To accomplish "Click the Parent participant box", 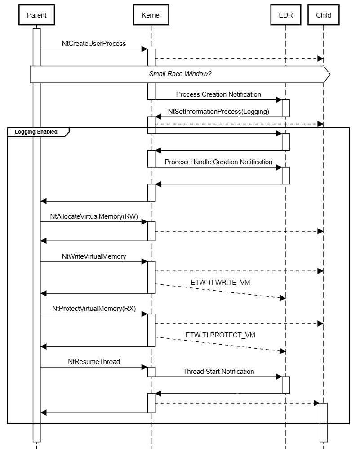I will tap(36, 15).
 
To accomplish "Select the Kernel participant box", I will tap(151, 15).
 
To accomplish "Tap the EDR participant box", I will tap(285, 15).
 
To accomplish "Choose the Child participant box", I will tap(323, 15).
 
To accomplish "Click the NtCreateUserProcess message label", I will tap(94, 44).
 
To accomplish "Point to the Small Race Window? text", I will tap(180, 74).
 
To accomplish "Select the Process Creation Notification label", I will tap(218, 94).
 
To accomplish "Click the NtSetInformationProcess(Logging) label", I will tap(218, 111).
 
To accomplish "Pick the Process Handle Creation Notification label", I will tap(218, 162).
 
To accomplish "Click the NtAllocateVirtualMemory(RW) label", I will tap(94, 216).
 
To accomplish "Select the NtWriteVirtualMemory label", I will tap(94, 256).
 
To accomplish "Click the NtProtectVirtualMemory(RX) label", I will tap(94, 309).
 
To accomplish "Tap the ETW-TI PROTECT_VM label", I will tap(220, 335).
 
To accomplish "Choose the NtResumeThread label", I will tap(94, 361).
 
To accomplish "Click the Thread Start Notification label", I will tap(218, 371).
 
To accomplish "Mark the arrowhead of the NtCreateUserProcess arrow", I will tap(145, 49).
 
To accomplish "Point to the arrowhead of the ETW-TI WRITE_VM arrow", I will tap(283, 298).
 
